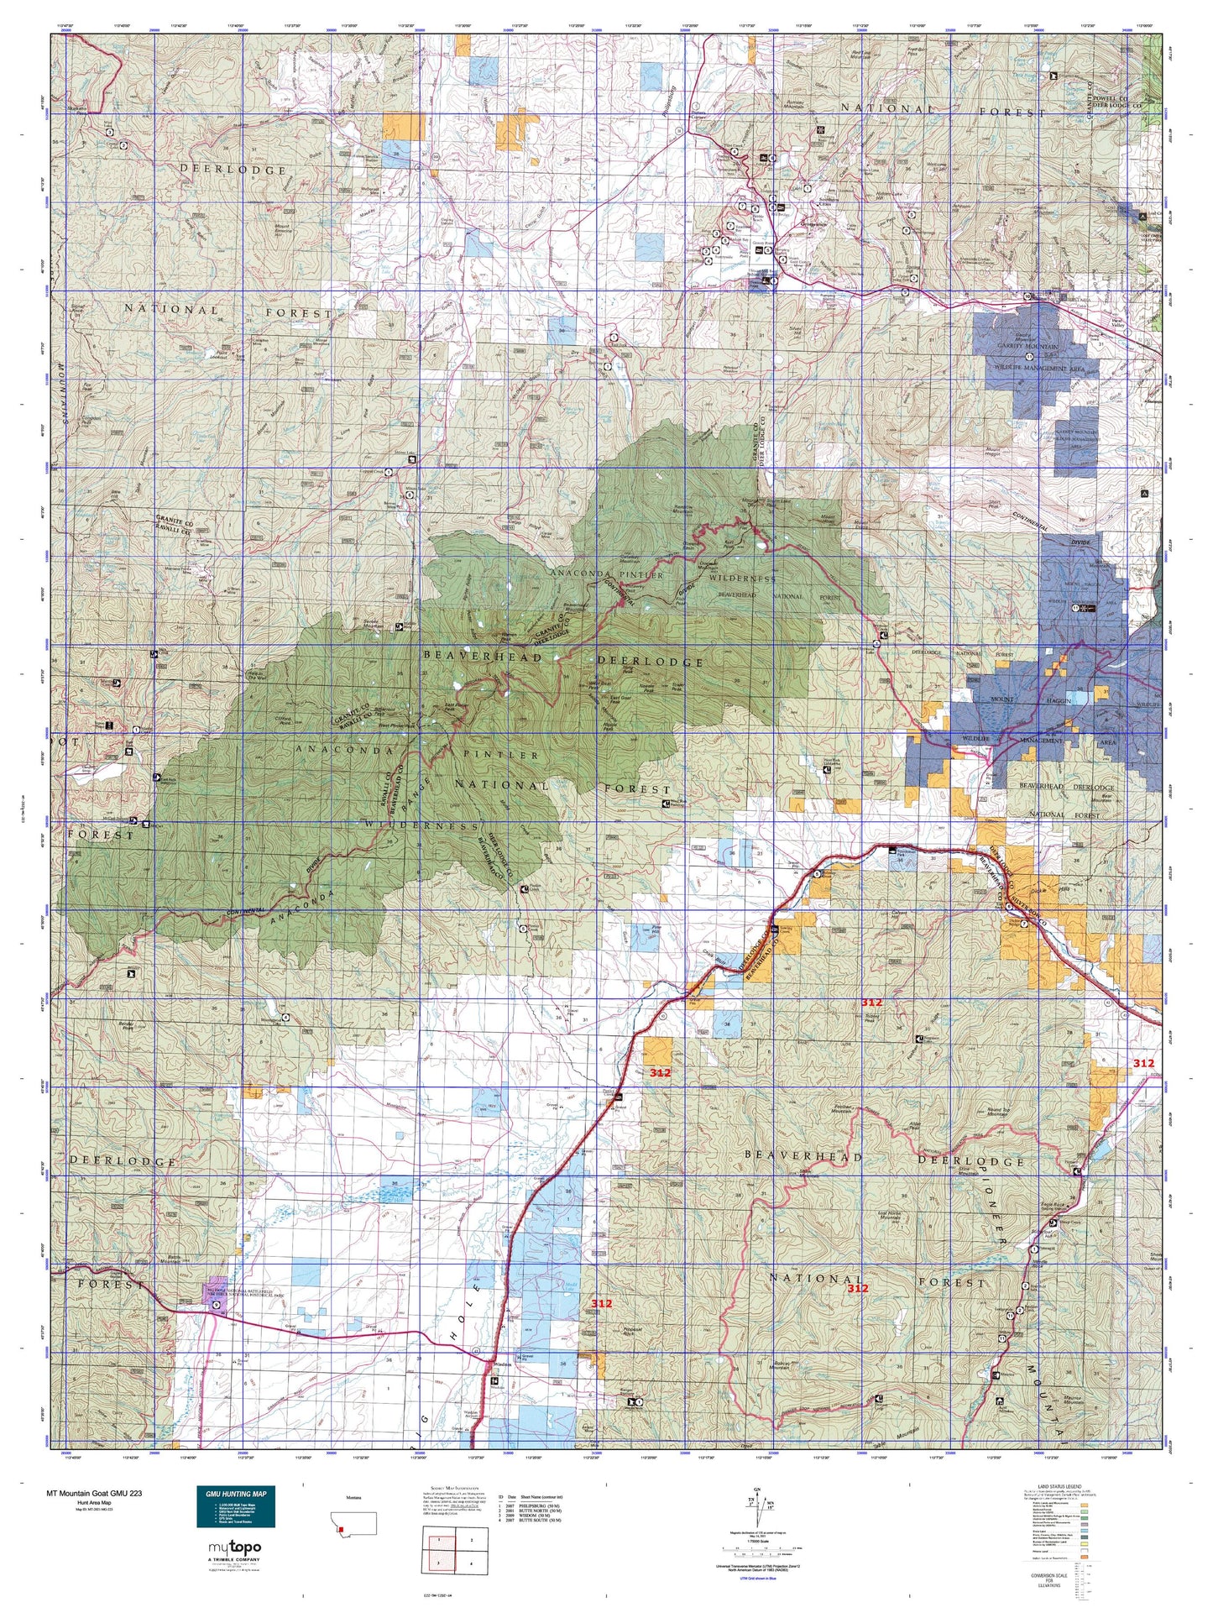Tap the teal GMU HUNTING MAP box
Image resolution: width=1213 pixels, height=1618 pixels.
tap(235, 1506)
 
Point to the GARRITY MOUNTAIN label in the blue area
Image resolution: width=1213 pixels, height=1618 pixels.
tap(1028, 345)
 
